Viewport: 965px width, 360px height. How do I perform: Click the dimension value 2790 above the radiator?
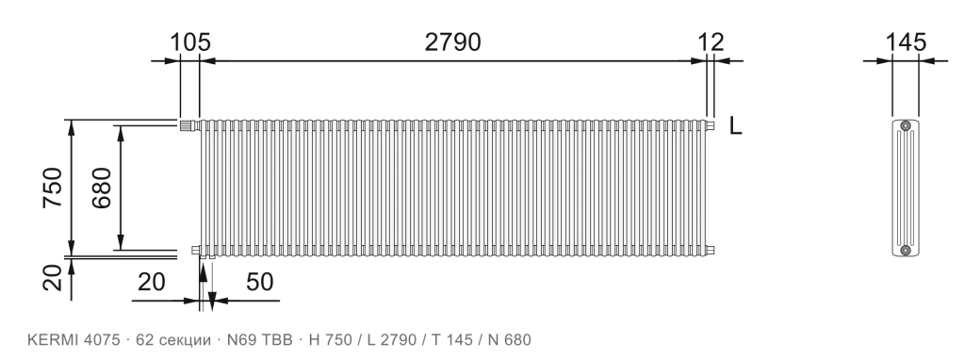pyautogui.click(x=452, y=41)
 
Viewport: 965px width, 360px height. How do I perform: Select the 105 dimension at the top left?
pyautogui.click(x=190, y=41)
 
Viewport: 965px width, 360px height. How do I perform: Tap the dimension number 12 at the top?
pyautogui.click(x=711, y=41)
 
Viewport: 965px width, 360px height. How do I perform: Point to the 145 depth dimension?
pyautogui.click(x=906, y=41)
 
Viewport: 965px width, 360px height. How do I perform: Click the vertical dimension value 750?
pyautogui.click(x=53, y=188)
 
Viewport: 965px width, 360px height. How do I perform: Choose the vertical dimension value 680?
pyautogui.click(x=102, y=188)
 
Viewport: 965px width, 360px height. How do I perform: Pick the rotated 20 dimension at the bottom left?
pyautogui.click(x=53, y=277)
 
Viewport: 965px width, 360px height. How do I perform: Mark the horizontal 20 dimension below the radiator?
pyautogui.click(x=152, y=282)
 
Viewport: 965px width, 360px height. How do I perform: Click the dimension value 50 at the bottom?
pyautogui.click(x=260, y=282)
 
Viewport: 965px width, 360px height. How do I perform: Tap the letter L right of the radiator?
pyautogui.click(x=735, y=125)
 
